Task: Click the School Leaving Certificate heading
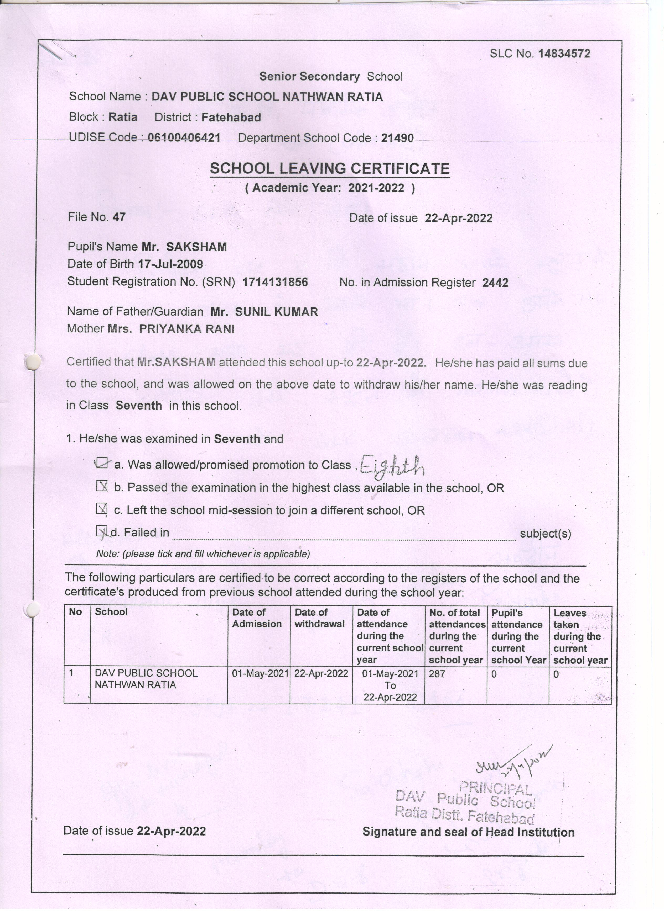tap(329, 168)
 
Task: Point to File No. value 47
tap(119, 217)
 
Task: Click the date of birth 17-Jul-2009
tap(170, 264)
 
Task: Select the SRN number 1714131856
tap(275, 282)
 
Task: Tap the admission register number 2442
tap(495, 283)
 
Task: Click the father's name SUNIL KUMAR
tap(277, 312)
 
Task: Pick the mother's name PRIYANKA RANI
tap(187, 329)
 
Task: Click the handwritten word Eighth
tap(392, 466)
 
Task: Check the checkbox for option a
tap(102, 463)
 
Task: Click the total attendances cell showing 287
tap(437, 674)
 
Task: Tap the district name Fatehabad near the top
tap(231, 118)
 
